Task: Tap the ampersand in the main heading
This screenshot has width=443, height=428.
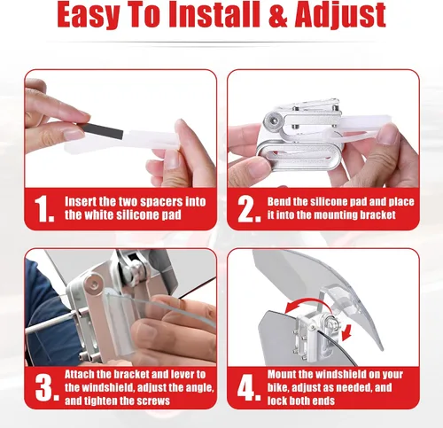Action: pyautogui.click(x=277, y=15)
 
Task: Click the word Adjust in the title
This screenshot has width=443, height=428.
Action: pyautogui.click(x=340, y=16)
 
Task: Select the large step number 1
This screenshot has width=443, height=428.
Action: pyautogui.click(x=43, y=209)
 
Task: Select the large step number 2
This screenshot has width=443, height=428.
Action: pyautogui.click(x=249, y=209)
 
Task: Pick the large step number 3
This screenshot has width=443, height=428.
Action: pyautogui.click(x=47, y=388)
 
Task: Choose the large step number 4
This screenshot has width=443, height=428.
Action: pyautogui.click(x=249, y=387)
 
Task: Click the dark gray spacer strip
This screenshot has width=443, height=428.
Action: pyautogui.click(x=101, y=131)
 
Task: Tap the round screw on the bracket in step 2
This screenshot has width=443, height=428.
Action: pyautogui.click(x=272, y=120)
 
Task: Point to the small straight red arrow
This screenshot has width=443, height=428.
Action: pyautogui.click(x=347, y=332)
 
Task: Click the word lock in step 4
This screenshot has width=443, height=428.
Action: pyautogui.click(x=277, y=401)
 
